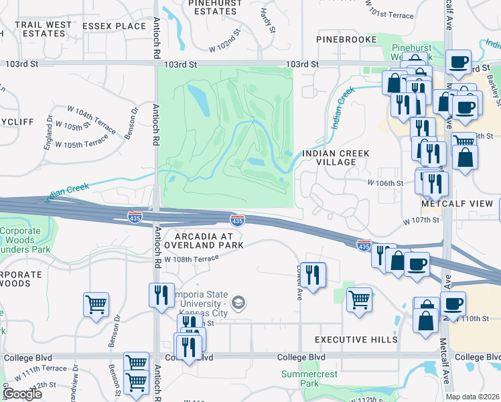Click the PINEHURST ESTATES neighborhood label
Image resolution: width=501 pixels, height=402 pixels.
[x=214, y=7]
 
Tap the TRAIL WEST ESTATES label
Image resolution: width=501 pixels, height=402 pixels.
[x=44, y=29]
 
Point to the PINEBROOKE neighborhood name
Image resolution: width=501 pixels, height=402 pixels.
[x=348, y=40]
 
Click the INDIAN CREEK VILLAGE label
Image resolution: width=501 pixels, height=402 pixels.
[x=336, y=157]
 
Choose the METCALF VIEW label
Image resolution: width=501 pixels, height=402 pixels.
[x=457, y=203]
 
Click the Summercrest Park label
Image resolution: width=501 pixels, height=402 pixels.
[x=301, y=379]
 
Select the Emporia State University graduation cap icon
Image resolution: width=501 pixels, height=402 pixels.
[x=238, y=304]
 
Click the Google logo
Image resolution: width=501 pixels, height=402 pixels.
[x=22, y=394]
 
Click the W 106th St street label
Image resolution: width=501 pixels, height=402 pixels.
[x=385, y=182]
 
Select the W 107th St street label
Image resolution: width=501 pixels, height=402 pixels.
[x=421, y=220]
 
